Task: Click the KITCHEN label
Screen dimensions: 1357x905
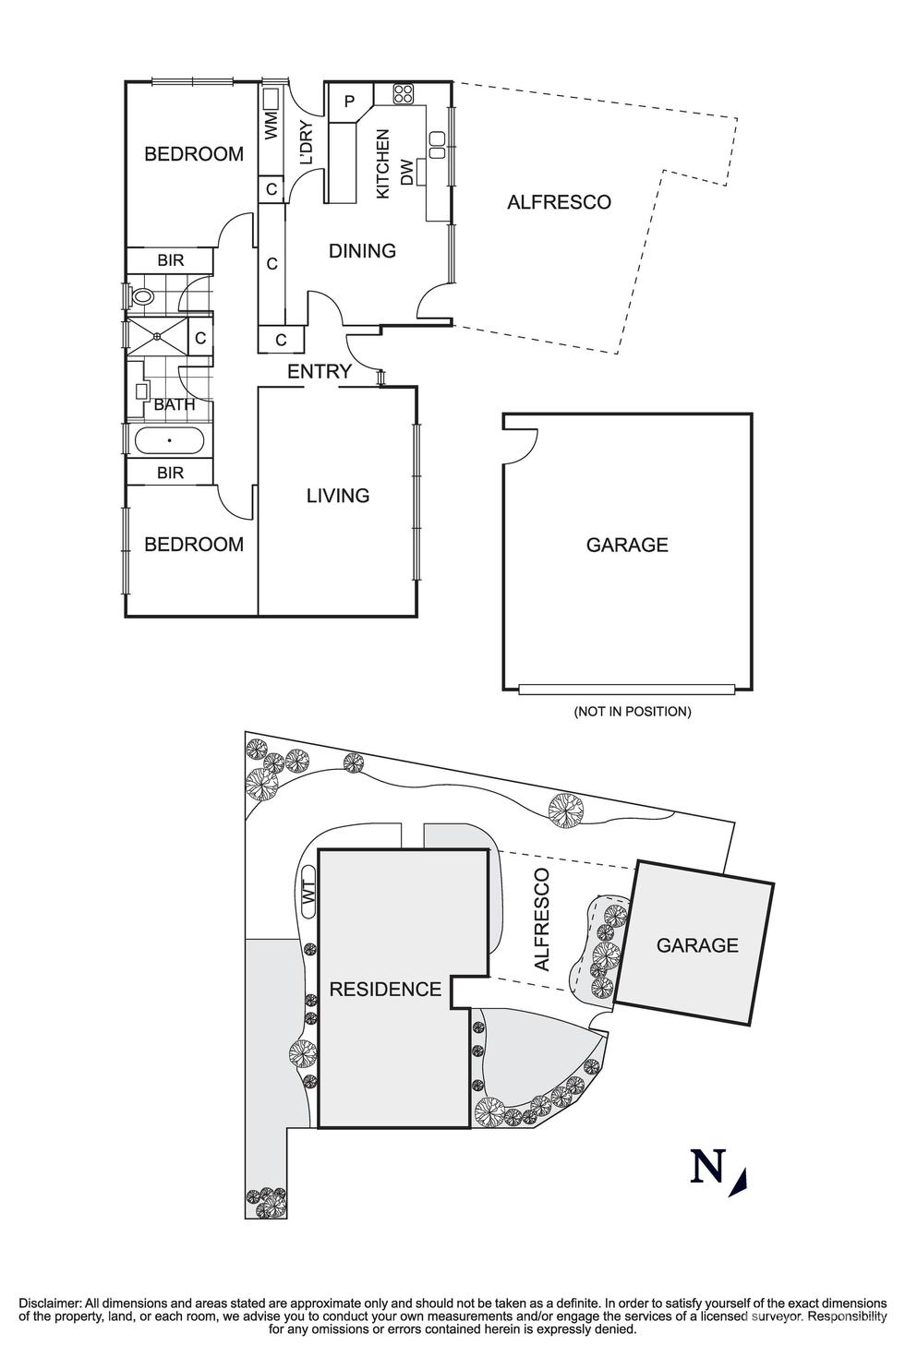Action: tap(383, 163)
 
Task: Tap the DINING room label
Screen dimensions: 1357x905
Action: tap(362, 251)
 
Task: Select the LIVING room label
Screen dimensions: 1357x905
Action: tap(338, 496)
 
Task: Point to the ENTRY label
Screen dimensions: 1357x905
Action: tap(320, 372)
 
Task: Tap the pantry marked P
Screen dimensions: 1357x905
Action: tap(349, 102)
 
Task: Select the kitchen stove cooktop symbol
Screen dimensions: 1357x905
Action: tap(404, 93)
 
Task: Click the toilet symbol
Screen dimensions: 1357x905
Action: tap(142, 297)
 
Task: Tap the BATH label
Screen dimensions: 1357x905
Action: tap(175, 404)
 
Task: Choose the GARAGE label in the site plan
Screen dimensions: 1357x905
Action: tap(697, 945)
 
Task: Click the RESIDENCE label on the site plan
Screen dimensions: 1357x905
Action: tap(385, 990)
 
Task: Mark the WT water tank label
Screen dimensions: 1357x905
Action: tap(308, 894)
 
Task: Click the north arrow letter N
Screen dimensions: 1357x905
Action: tap(707, 1168)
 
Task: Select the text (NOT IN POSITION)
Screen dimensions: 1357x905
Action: tap(632, 712)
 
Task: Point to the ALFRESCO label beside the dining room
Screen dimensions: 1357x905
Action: tap(559, 202)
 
